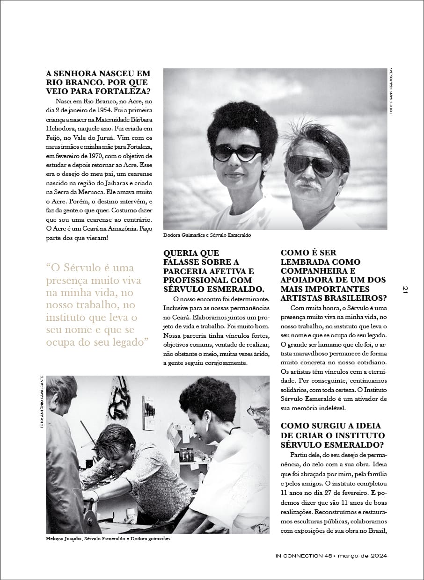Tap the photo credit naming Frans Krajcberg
[390, 91]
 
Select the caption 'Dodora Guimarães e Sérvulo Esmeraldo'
[207, 235]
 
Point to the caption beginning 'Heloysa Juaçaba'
[108, 539]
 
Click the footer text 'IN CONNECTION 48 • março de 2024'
[331, 556]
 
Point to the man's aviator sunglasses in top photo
[311, 164]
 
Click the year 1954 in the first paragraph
[99, 110]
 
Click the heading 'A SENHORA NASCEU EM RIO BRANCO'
[98, 82]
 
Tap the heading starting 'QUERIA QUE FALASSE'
[214, 271]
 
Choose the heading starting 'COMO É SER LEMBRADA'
[333, 275]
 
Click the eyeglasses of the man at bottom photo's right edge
[258, 411]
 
